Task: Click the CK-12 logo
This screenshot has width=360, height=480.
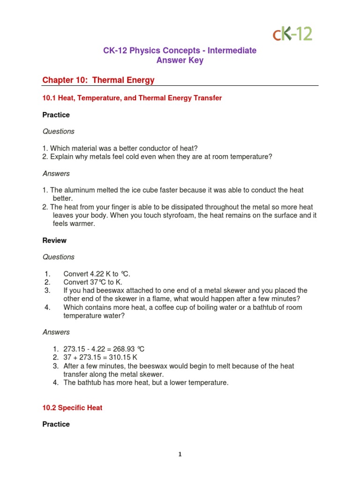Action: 292,34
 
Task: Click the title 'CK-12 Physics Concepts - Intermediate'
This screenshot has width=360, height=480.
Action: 180,51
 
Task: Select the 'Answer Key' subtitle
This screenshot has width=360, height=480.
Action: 180,60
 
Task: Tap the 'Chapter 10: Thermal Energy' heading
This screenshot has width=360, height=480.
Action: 98,80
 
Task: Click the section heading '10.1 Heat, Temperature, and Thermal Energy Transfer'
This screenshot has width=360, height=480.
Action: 132,98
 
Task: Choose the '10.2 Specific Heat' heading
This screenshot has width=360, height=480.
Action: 72,408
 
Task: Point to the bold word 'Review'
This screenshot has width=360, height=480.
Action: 54,240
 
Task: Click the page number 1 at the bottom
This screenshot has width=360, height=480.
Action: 180,454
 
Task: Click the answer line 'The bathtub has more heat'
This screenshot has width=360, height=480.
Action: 146,383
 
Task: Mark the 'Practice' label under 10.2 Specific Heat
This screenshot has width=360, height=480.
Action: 56,424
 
